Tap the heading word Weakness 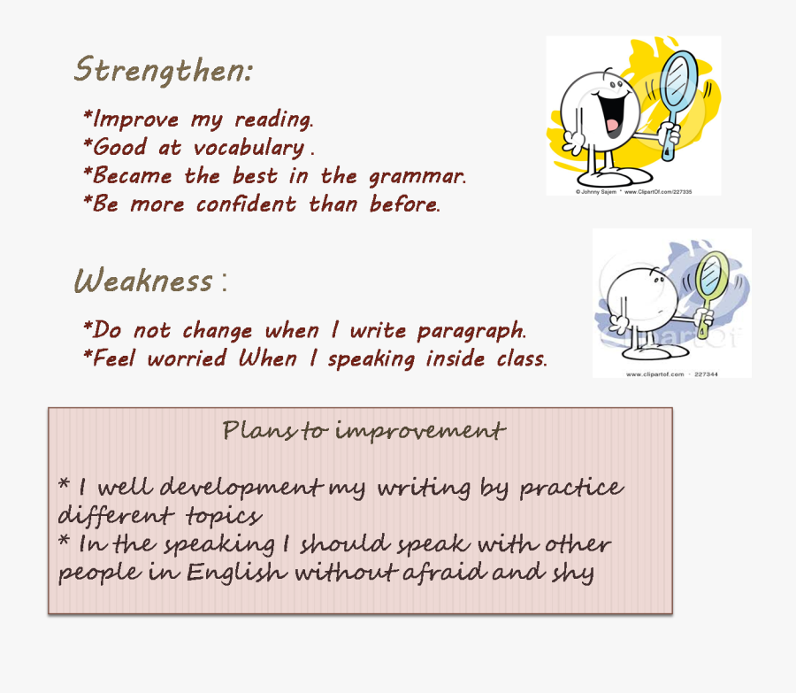[143, 281]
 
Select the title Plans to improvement [364, 431]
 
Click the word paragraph [471, 332]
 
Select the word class [519, 359]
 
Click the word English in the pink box [236, 573]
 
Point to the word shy [574, 574]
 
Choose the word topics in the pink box [223, 515]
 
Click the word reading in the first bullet [273, 119]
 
